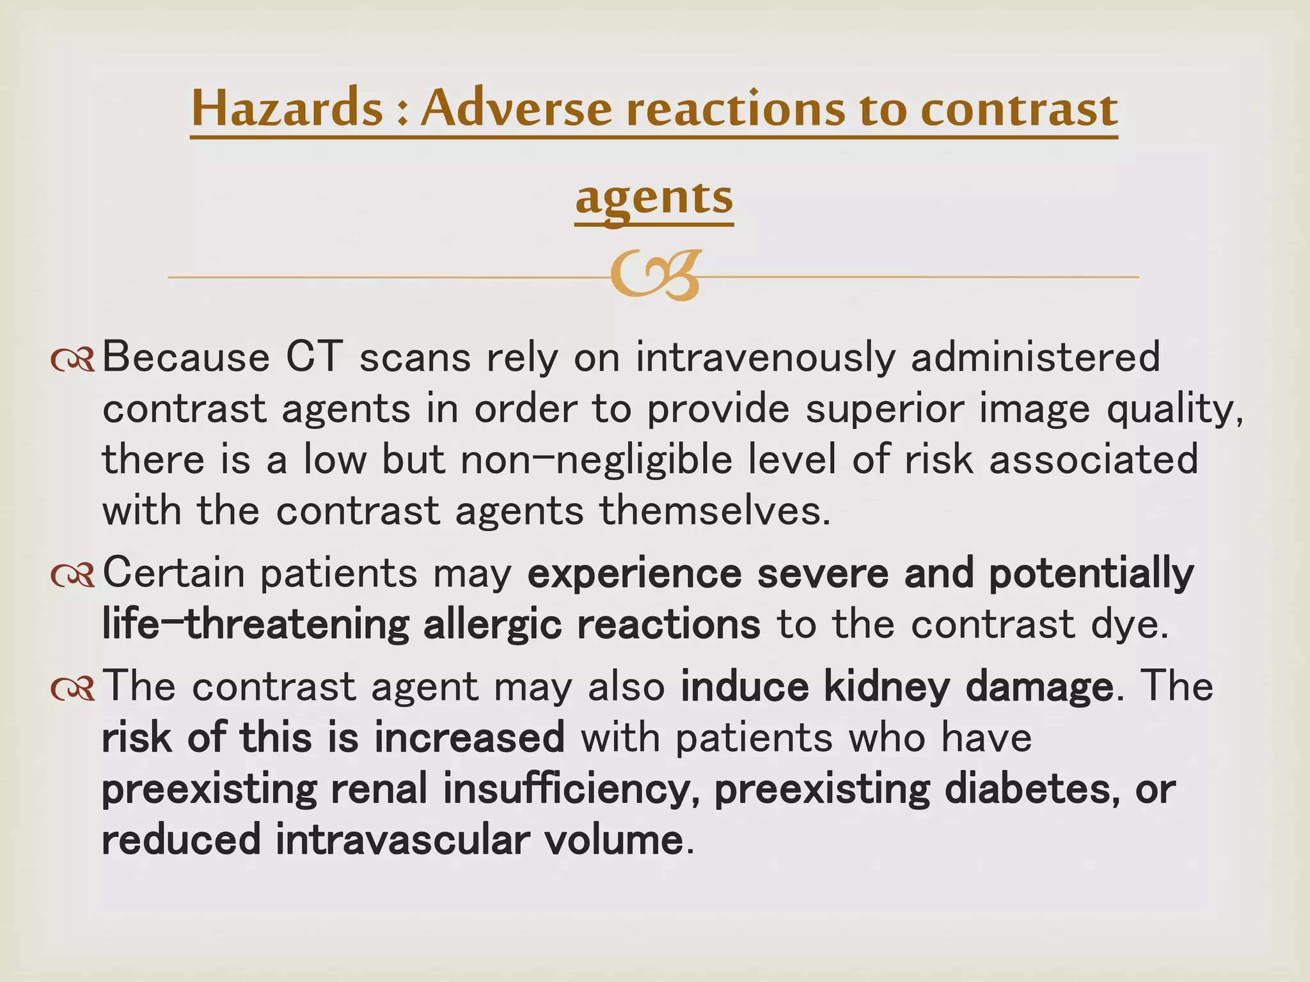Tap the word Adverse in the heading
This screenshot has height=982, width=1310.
coord(516,109)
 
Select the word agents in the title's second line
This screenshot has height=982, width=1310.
coord(654,198)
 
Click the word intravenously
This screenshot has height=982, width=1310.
coord(765,357)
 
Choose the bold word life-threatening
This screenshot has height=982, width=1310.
coord(255,625)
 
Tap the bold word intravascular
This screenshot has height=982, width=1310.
coord(402,840)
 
